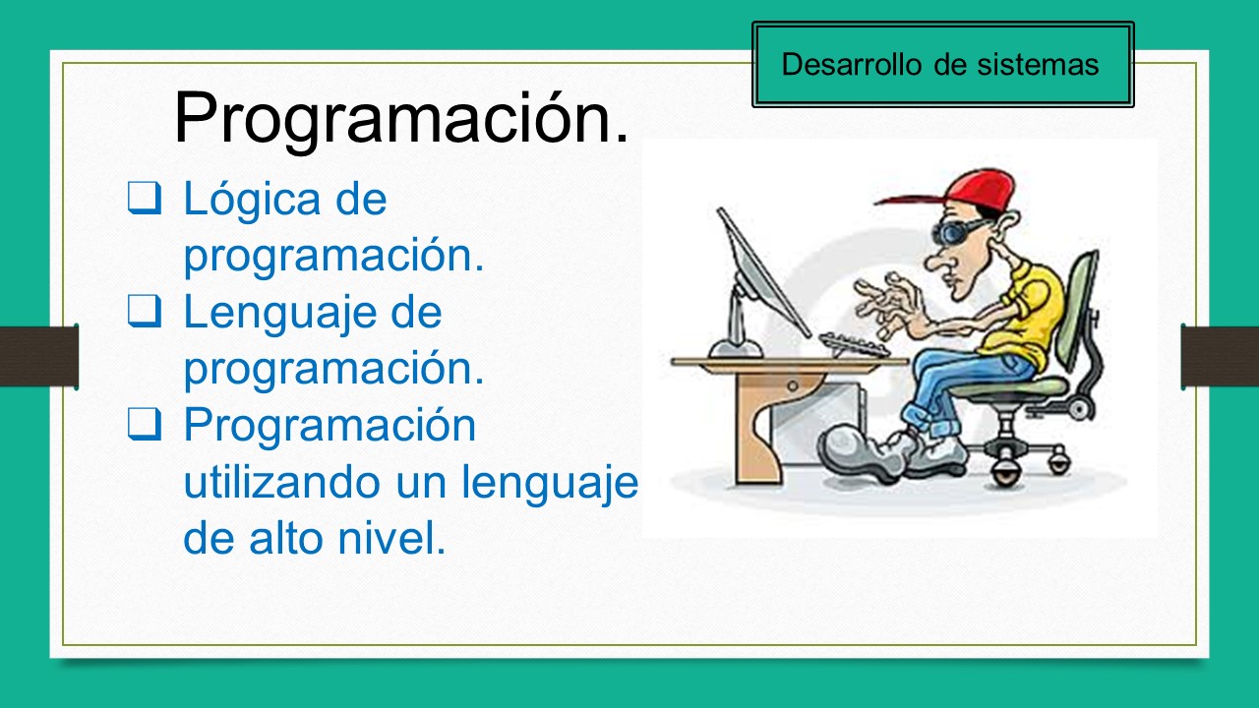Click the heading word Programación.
pyautogui.click(x=400, y=119)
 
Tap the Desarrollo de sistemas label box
pyautogui.click(x=942, y=65)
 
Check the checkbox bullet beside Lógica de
pyautogui.click(x=143, y=200)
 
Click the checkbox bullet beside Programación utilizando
pyautogui.click(x=143, y=425)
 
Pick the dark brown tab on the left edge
pyautogui.click(x=38, y=356)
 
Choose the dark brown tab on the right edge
pyautogui.click(x=1220, y=356)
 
